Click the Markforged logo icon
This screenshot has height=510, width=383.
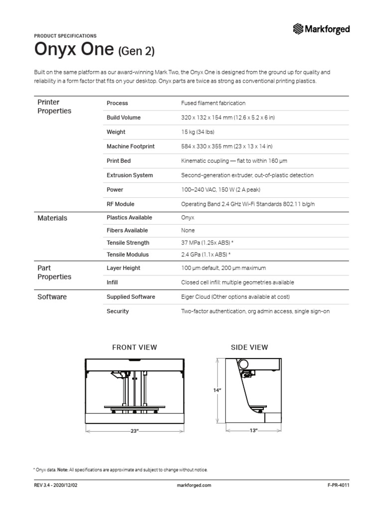point(298,29)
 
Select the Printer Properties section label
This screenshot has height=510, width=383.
point(54,107)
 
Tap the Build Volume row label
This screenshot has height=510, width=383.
point(123,118)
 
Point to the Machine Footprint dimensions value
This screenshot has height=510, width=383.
point(226,146)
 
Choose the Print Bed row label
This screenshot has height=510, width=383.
point(119,161)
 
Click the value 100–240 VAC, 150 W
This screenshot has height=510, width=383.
point(221,190)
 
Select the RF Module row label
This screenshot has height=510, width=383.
point(121,204)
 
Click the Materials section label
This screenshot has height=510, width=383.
point(52,218)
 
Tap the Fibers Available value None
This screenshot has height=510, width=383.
point(188,231)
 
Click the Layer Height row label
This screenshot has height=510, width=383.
point(123,268)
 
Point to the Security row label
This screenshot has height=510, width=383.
point(118,311)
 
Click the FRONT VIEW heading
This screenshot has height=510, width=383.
point(135,347)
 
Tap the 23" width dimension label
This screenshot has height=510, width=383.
point(134,431)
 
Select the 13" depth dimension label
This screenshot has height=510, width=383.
point(253,430)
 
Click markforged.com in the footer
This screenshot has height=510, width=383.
point(194,485)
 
